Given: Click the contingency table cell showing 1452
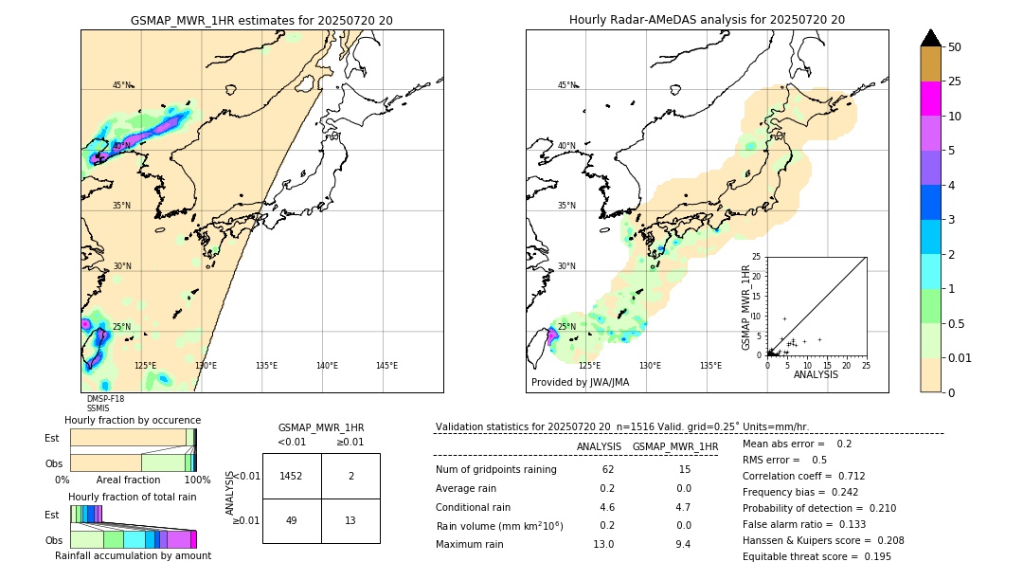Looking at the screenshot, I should click(x=292, y=476).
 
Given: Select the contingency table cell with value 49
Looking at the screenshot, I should click(x=292, y=520).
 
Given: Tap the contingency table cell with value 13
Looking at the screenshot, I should click(x=350, y=520).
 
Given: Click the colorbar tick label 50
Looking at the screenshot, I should click(x=955, y=47).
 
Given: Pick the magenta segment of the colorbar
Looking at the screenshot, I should click(x=931, y=99).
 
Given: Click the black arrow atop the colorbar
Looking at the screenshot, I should click(x=931, y=38).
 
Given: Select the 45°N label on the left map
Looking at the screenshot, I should click(x=122, y=85).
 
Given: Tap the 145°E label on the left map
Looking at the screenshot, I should click(x=386, y=366).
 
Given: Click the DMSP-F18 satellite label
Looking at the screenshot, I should click(x=105, y=399).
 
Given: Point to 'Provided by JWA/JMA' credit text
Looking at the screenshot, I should click(x=580, y=383).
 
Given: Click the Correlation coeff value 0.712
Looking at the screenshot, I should click(x=844, y=477).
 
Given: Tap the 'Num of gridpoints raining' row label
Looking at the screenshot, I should click(x=495, y=470).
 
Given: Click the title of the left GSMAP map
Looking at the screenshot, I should click(x=261, y=20).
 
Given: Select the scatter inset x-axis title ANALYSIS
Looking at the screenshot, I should click(x=815, y=374).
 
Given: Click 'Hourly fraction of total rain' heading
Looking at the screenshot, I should click(x=132, y=497).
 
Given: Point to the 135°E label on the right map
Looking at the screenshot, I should click(x=710, y=366).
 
